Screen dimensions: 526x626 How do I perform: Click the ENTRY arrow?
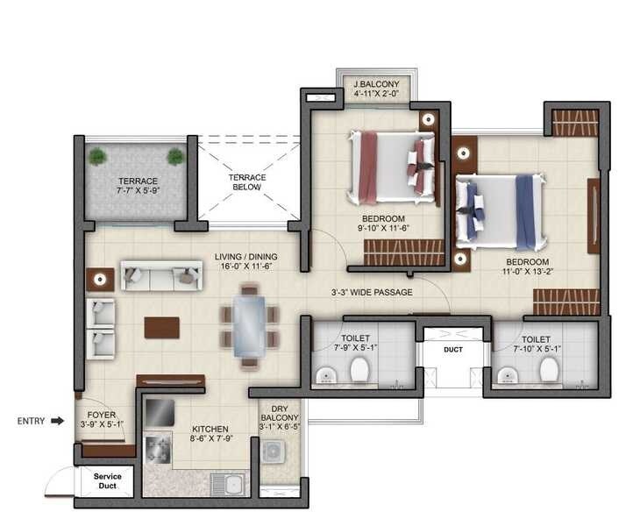(57, 422)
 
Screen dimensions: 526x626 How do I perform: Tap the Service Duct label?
(108, 480)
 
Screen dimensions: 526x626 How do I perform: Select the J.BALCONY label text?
(375, 85)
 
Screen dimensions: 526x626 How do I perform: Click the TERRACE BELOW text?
(247, 181)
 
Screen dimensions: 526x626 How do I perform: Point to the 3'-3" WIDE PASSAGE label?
(372, 292)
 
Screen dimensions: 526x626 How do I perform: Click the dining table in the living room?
(250, 325)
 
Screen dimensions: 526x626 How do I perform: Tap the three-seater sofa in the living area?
(160, 277)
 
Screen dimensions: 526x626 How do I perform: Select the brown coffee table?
(162, 327)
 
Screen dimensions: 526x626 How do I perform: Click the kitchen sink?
(234, 484)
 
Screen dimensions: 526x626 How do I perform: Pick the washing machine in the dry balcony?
(274, 452)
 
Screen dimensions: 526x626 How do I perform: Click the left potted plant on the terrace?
(97, 157)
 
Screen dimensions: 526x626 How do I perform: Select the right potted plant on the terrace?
(175, 157)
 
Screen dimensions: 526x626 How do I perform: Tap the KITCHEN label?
(210, 430)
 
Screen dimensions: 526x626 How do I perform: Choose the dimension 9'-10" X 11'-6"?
(382, 230)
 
